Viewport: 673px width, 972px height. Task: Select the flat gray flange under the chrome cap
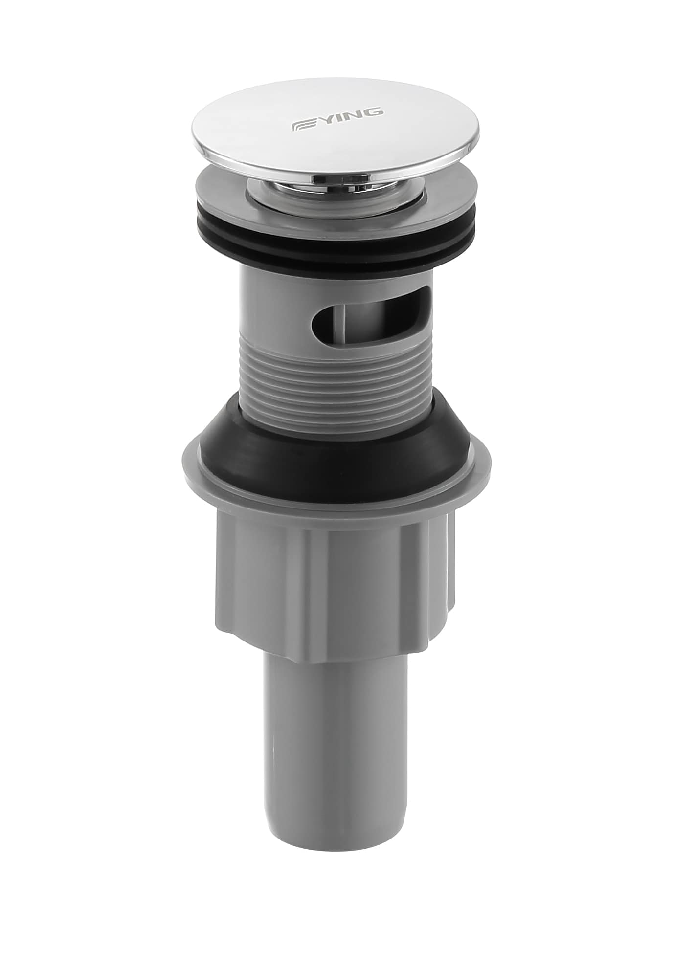[215, 188]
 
